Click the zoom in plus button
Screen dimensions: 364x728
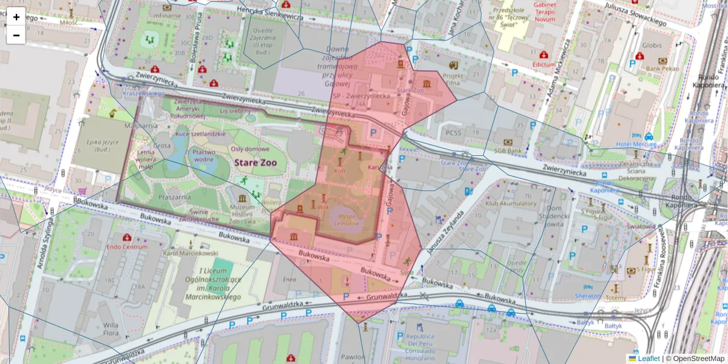tap(16, 17)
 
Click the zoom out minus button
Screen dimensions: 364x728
tap(16, 35)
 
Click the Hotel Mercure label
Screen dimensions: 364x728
tap(636, 144)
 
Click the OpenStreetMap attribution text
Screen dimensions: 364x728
tap(698, 359)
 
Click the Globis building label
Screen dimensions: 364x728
tap(652, 45)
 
